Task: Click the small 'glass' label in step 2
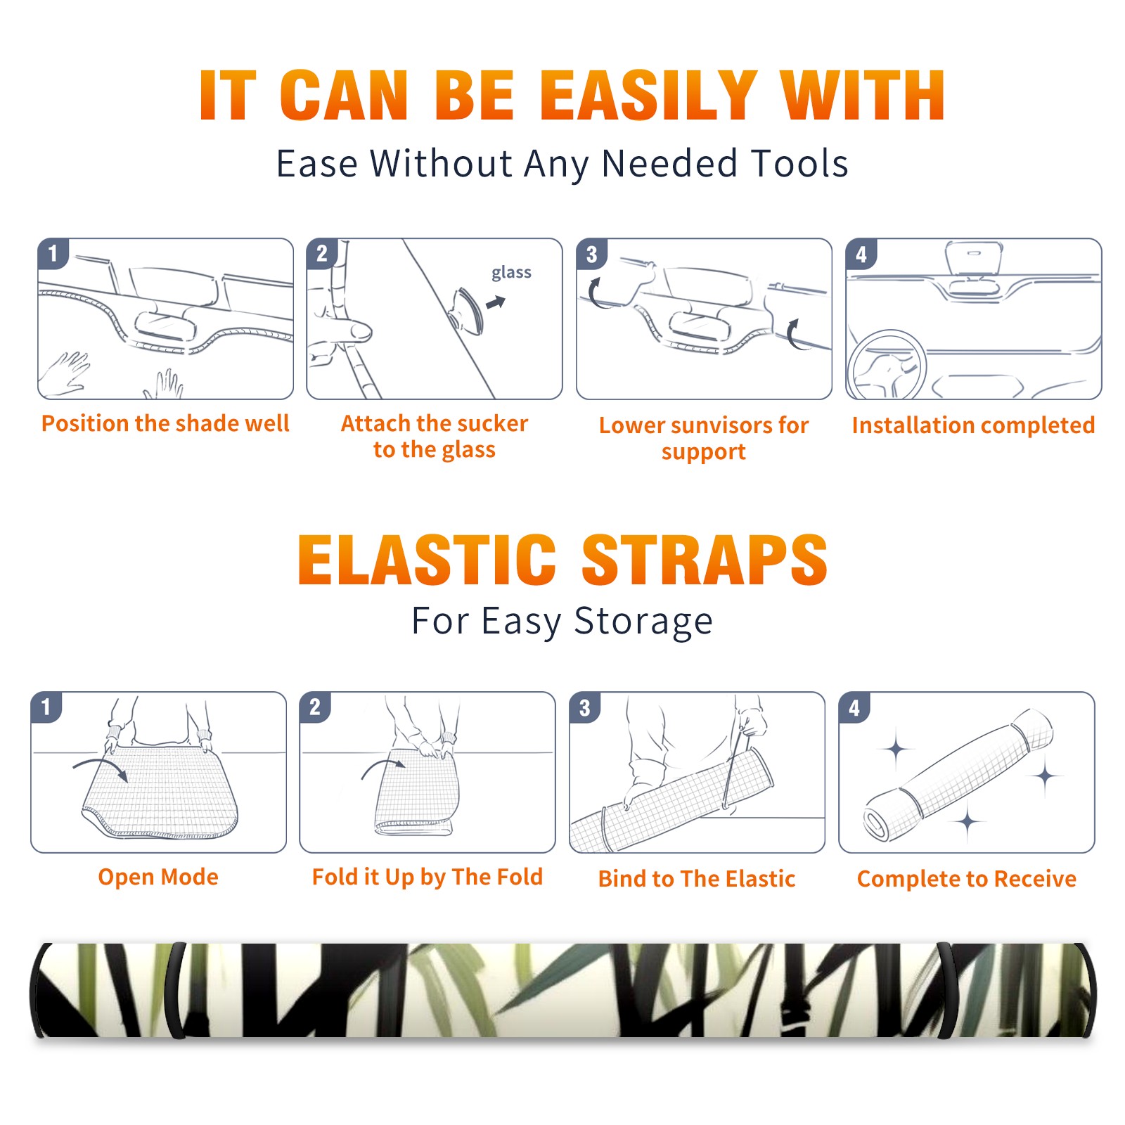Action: click(x=511, y=272)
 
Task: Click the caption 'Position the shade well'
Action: click(x=165, y=423)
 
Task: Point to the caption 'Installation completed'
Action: click(x=973, y=425)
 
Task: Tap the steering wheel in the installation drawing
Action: click(x=887, y=366)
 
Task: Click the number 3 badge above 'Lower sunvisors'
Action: click(x=591, y=255)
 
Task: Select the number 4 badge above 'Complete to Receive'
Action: click(x=854, y=707)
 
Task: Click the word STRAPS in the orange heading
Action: click(x=705, y=560)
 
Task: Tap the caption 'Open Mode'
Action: click(x=158, y=877)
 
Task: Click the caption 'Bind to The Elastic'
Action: click(x=697, y=878)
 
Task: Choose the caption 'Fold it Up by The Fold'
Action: click(x=427, y=877)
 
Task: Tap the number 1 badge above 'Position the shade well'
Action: click(x=53, y=253)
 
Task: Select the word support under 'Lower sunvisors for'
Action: click(x=704, y=451)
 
